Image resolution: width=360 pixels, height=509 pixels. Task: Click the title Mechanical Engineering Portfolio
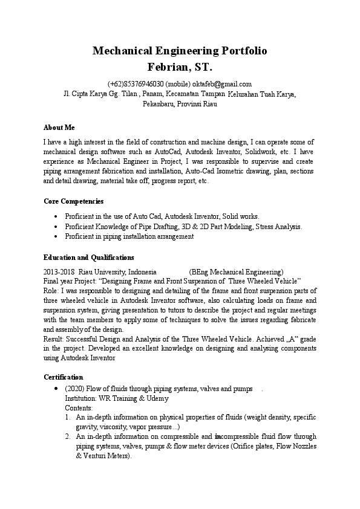point(180,51)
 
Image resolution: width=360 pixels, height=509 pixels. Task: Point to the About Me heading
point(59,128)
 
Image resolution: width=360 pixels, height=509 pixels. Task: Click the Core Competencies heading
point(74,201)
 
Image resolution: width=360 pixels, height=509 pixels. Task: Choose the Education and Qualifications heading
point(89,257)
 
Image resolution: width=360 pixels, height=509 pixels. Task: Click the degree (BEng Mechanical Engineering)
point(236,271)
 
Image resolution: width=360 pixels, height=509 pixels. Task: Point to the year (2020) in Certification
point(74,389)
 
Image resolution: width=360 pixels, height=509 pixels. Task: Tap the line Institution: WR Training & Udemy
point(117,398)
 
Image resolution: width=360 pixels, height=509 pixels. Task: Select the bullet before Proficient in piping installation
point(56,237)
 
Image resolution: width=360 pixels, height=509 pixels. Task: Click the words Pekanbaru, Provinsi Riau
point(180,104)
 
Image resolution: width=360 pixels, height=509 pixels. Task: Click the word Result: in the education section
point(54,340)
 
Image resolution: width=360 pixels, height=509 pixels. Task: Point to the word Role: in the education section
point(52,291)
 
